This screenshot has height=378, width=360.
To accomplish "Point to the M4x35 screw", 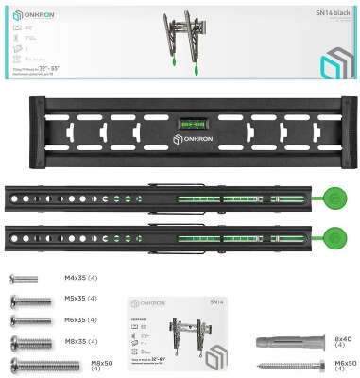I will tap(24, 280).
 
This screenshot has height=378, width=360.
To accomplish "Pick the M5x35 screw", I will tap(26, 301).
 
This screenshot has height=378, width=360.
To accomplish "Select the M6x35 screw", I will tap(26, 321).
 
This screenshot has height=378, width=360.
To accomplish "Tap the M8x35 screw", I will tap(26, 342).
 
